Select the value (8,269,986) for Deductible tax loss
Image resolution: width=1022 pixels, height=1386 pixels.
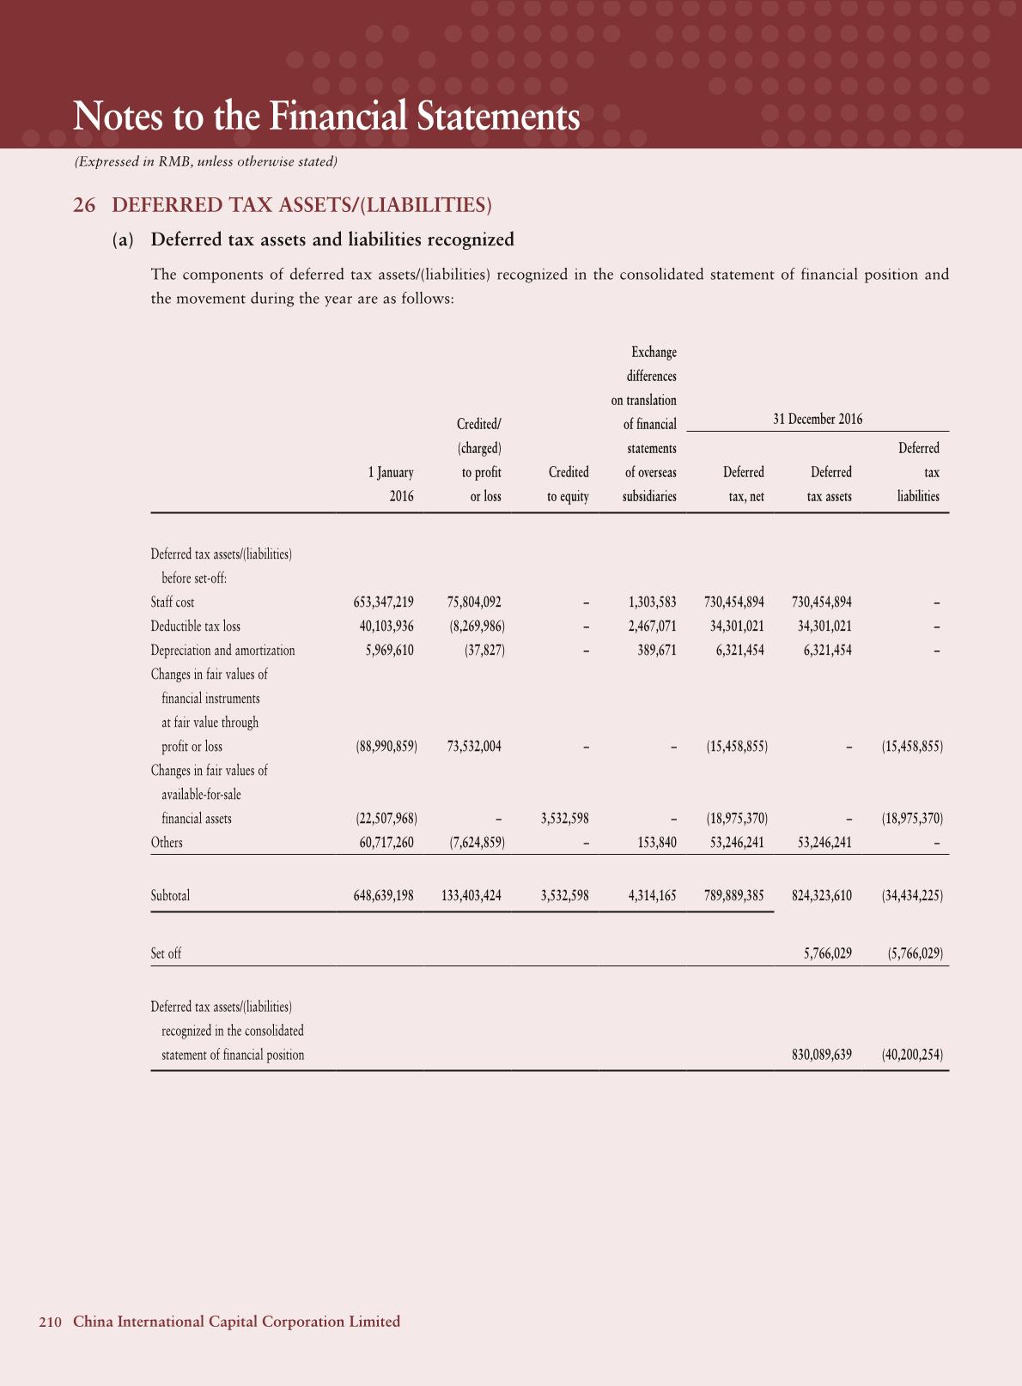477,626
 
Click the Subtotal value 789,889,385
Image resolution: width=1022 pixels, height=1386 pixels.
733,896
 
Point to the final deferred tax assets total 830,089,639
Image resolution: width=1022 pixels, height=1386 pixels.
821,1055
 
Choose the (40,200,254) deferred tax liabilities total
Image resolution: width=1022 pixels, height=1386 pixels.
912,1055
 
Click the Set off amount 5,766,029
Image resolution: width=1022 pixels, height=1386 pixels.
827,953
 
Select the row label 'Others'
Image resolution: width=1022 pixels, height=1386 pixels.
167,843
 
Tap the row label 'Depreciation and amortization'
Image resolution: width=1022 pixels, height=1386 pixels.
222,651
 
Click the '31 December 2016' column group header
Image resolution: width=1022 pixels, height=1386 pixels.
818,419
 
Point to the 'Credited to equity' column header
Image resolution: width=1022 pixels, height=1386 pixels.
568,484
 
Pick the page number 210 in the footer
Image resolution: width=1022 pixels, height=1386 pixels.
51,1322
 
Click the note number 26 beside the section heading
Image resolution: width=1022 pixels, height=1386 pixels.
83,205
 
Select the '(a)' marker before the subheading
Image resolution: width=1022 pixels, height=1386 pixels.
124,239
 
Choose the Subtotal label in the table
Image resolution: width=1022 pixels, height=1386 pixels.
170,896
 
